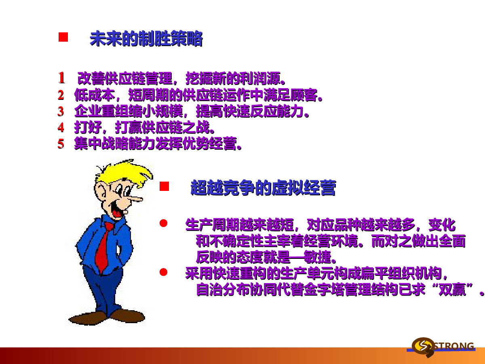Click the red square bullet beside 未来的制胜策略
(x=63, y=37)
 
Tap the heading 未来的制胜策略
(x=146, y=39)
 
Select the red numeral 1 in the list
(x=61, y=78)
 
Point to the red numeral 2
(x=61, y=95)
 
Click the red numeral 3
(x=61, y=111)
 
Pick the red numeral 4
(x=61, y=127)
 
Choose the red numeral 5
(x=61, y=144)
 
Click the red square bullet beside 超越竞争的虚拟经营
(x=164, y=186)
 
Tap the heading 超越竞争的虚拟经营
(x=263, y=188)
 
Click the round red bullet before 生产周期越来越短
(x=164, y=223)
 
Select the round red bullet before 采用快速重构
(x=164, y=272)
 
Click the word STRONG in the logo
(x=454, y=346)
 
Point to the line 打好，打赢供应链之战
(x=144, y=127)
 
